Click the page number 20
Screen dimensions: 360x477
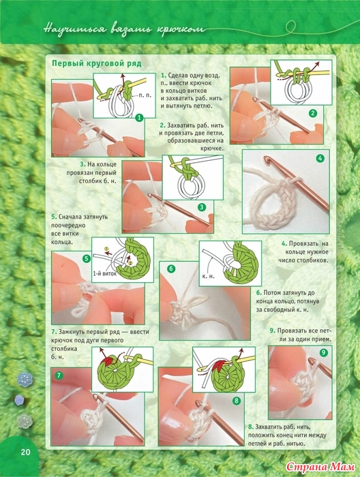tap(25, 452)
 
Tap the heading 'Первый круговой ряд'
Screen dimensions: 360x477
tap(96, 63)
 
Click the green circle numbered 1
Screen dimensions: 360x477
tap(139, 117)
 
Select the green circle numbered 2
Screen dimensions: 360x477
tap(312, 114)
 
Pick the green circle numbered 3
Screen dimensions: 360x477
tap(201, 207)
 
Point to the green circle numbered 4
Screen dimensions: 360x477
tap(320, 158)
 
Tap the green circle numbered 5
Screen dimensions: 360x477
tap(87, 258)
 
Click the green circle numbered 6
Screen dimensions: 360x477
tap(171, 268)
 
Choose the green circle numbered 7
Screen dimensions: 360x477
tap(58, 375)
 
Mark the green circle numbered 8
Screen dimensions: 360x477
tap(236, 401)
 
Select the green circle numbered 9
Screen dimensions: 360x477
tap(323, 352)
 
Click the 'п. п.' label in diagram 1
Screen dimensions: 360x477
tap(145, 95)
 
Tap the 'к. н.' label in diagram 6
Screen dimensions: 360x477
tap(209, 277)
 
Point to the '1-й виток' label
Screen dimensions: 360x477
tap(105, 273)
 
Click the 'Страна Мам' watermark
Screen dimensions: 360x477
tap(321, 467)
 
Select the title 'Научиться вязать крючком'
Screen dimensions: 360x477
tap(124, 29)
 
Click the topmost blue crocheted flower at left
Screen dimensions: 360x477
tap(25, 380)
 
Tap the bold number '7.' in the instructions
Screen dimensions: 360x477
tap(54, 332)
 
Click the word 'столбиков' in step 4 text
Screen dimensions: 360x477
tap(313, 260)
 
